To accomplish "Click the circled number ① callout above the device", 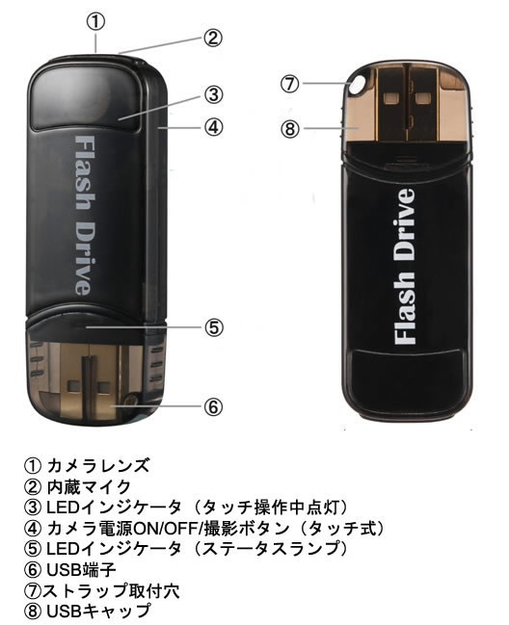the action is pyautogui.click(x=95, y=22).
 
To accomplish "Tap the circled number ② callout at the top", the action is pyautogui.click(x=213, y=38).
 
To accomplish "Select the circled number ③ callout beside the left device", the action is pyautogui.click(x=213, y=95).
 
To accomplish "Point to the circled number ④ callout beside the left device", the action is pyautogui.click(x=213, y=127).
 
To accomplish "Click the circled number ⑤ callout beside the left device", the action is pyautogui.click(x=214, y=327).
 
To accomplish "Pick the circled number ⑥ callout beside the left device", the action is pyautogui.click(x=213, y=407).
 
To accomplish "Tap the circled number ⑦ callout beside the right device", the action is pyautogui.click(x=289, y=84).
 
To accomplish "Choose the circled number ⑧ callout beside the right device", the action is pyautogui.click(x=290, y=129).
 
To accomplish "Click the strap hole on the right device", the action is pyautogui.click(x=357, y=84).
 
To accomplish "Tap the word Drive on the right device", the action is pyautogui.click(x=404, y=224).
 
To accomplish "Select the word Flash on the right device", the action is pyautogui.click(x=404, y=308).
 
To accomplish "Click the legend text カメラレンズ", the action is pyautogui.click(x=98, y=465).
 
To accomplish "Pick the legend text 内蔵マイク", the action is pyautogui.click(x=89, y=486).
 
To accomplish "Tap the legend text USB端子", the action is pyautogui.click(x=81, y=569).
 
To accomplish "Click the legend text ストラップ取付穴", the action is pyautogui.click(x=111, y=590).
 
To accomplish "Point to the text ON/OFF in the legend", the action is pyautogui.click(x=169, y=528).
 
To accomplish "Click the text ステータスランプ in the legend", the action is pyautogui.click(x=268, y=549).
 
